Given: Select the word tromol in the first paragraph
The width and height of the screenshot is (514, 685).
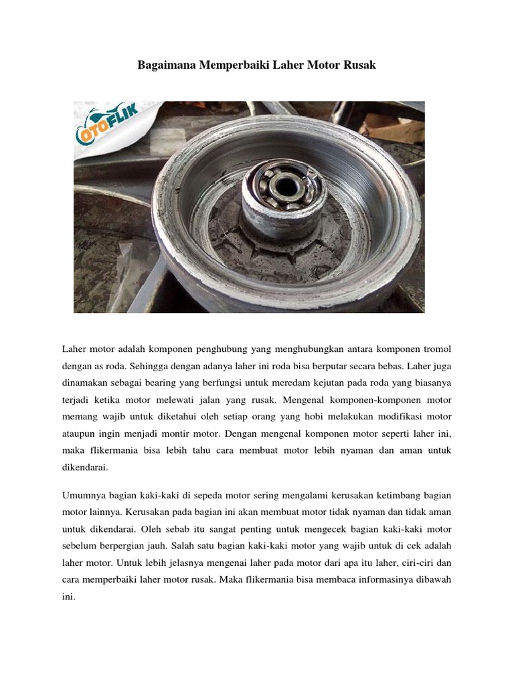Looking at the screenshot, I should tap(434, 349).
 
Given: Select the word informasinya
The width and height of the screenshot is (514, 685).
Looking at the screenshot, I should tap(381, 578).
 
